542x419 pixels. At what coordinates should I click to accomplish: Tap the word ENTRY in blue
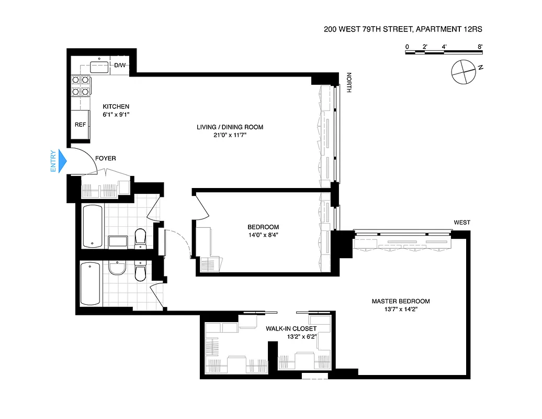53,161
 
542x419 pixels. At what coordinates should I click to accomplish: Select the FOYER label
105,158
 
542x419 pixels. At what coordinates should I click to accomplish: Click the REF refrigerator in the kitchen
80,125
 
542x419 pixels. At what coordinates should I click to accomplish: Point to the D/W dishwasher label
120,65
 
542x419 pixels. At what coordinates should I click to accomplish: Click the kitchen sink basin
99,67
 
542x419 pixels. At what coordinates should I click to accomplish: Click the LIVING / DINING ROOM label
230,127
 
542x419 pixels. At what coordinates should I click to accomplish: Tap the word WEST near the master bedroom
461,223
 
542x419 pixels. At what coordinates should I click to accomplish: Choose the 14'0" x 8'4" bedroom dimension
263,235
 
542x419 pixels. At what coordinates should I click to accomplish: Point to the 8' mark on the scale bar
480,47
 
